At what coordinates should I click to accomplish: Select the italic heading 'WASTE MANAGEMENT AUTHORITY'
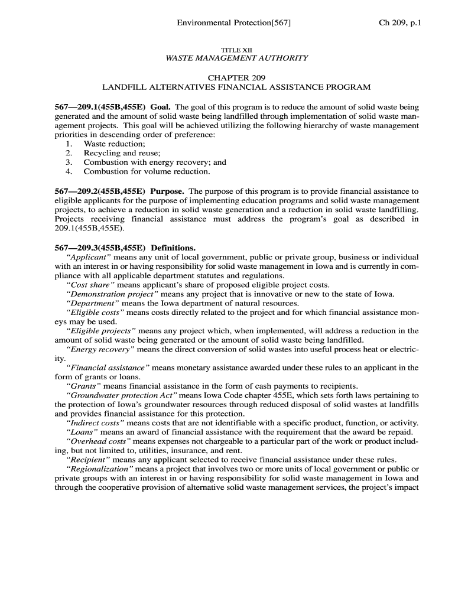click(236, 58)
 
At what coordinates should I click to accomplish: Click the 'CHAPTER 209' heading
click(236, 78)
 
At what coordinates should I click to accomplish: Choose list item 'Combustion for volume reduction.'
click(147, 171)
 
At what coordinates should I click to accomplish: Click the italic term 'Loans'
click(82, 432)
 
